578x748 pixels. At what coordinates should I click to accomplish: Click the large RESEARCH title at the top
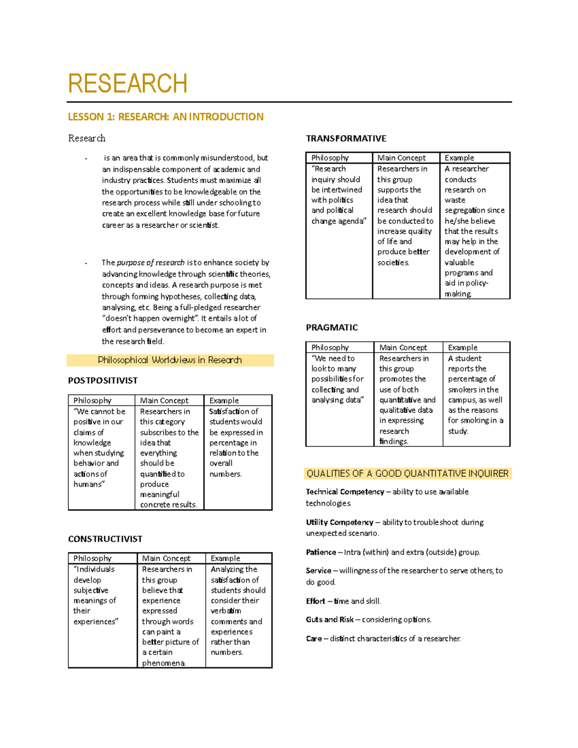point(128,83)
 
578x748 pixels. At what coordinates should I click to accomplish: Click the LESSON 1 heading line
point(166,117)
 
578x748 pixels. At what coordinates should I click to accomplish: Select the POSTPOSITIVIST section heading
point(103,381)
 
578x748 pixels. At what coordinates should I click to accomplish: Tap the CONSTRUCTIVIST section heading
point(105,538)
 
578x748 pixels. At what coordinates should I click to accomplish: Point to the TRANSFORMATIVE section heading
point(346,138)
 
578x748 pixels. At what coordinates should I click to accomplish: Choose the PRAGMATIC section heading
point(332,328)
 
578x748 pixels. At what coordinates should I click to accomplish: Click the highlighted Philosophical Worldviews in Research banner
point(170,360)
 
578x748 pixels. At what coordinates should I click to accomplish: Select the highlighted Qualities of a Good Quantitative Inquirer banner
point(407,473)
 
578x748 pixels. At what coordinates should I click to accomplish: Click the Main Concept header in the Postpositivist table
point(164,400)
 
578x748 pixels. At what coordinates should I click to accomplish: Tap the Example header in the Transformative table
point(459,157)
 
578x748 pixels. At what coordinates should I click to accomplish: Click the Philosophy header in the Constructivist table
point(92,558)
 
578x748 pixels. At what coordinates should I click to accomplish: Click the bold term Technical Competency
point(345,492)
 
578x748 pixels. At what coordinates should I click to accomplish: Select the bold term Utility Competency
point(340,522)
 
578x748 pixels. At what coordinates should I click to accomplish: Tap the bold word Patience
point(321,552)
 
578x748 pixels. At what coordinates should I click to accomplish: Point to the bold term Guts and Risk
point(330,619)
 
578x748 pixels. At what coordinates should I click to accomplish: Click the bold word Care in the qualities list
point(314,639)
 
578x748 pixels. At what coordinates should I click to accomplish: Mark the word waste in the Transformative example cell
point(455,200)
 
